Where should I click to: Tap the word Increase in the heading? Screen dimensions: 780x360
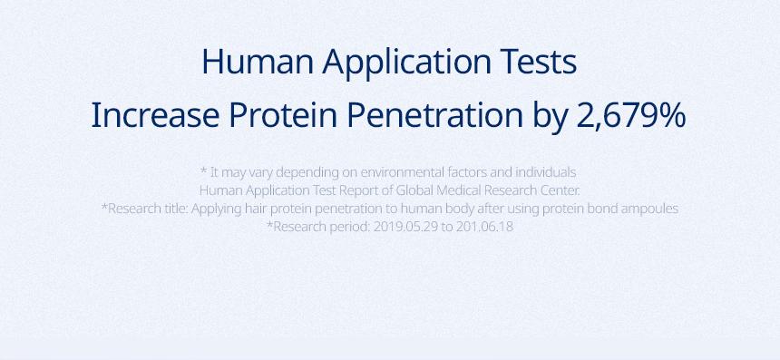[x=155, y=115]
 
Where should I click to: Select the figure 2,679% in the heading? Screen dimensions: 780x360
[x=630, y=116]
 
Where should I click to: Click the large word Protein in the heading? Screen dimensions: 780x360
[x=283, y=115]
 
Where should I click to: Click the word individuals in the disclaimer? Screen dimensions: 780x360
[x=546, y=172]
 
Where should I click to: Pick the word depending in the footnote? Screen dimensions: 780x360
[x=300, y=173]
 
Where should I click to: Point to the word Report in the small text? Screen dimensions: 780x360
[x=358, y=191]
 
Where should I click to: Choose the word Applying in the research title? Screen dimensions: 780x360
[x=217, y=209]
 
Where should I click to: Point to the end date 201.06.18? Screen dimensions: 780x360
[x=484, y=227]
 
